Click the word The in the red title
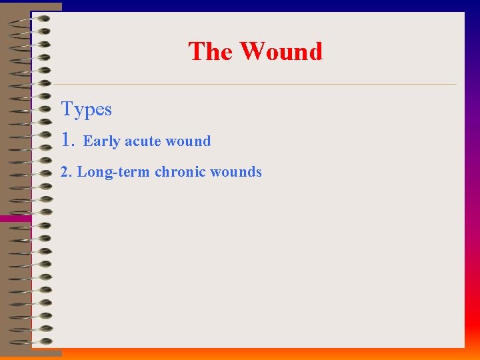[x=210, y=51]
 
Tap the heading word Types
[x=86, y=109]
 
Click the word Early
[x=101, y=141]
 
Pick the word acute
[x=143, y=141]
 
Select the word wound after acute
[x=188, y=141]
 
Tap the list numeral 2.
[x=65, y=172]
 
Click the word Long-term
[x=113, y=172]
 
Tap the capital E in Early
[x=87, y=141]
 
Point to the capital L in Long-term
[x=81, y=172]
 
